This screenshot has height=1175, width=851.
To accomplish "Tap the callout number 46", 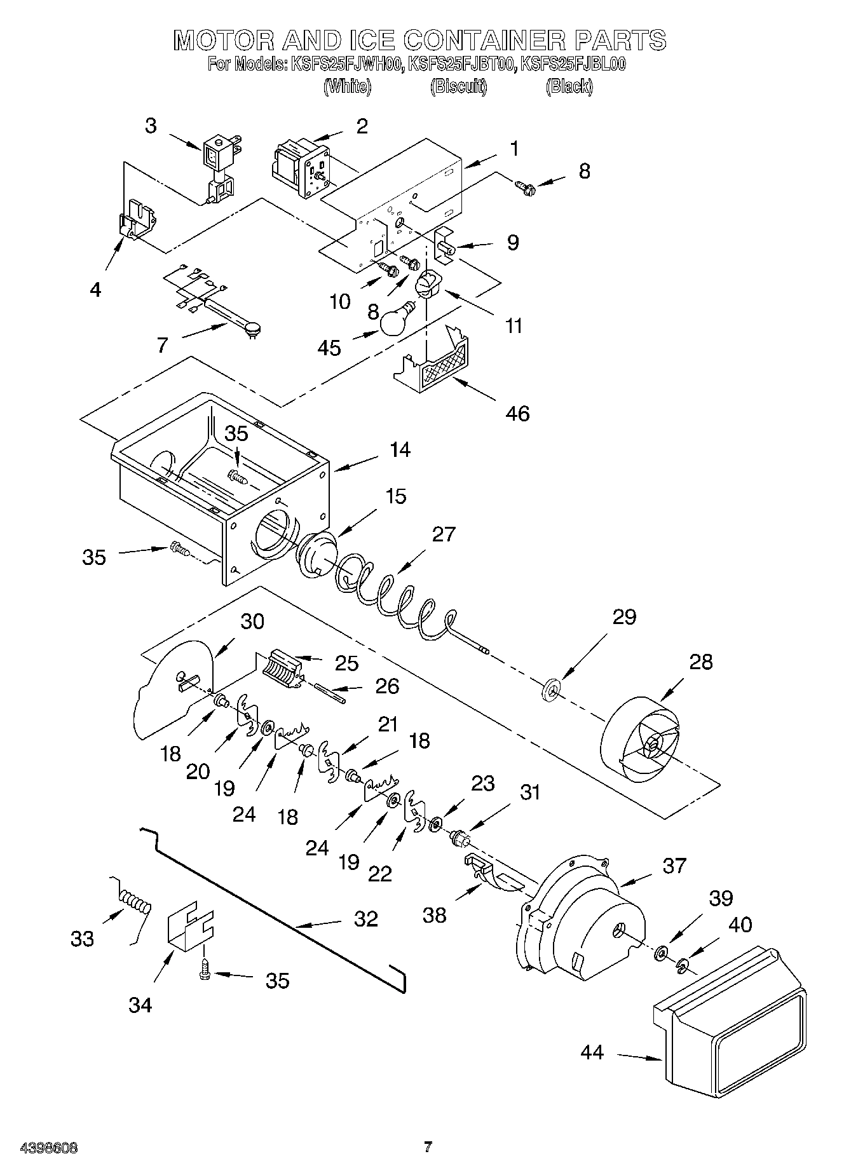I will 518,414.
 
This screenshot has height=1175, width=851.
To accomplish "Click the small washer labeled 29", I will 550,689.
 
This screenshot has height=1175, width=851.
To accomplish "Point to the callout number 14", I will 400,450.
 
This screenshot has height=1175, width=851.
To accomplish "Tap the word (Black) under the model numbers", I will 569,87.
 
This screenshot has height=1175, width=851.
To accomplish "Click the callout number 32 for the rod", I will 366,919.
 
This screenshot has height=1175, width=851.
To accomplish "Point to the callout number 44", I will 592,1053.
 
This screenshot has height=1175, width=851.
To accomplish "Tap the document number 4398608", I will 40,1148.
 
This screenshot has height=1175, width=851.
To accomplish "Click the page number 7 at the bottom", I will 428,1147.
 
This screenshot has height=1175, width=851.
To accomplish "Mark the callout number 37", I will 674,866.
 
